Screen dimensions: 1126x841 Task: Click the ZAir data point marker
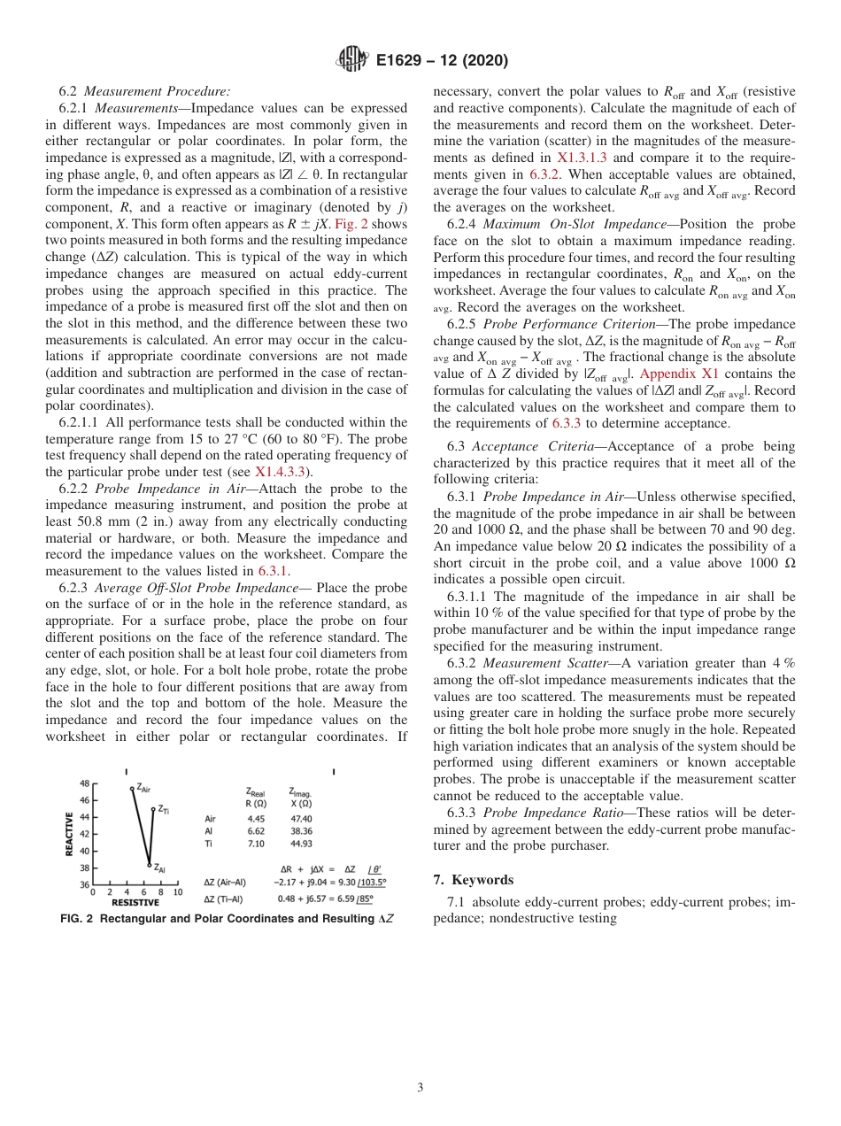[132, 788]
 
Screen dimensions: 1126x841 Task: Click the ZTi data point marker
[153, 809]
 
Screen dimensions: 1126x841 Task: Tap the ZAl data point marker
[150, 865]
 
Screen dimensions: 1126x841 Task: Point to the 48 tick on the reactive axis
[84, 783]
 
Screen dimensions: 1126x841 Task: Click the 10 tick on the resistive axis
[178, 892]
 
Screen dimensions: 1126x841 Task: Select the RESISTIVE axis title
[135, 903]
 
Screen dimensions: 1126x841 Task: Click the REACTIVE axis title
[69, 834]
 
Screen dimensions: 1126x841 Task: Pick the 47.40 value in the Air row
[301, 819]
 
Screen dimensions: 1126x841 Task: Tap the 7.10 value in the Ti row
[256, 844]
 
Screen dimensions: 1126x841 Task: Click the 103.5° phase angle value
[373, 882]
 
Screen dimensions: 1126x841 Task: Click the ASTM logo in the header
[352, 60]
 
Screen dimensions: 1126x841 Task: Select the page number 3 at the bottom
[420, 1087]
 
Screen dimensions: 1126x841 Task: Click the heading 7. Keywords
[473, 879]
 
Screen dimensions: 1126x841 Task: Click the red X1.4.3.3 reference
[282, 471]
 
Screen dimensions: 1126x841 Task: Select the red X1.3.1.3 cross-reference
[582, 157]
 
